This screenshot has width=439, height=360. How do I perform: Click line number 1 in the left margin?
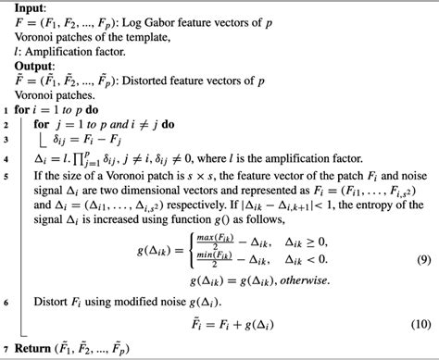coord(6,113)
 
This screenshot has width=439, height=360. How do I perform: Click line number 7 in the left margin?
coord(6,348)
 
